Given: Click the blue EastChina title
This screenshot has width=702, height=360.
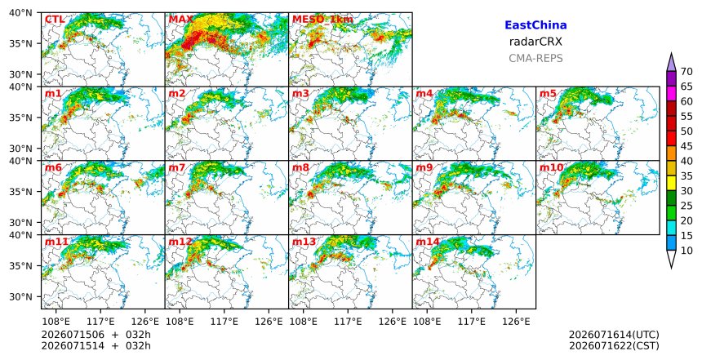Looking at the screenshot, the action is (535, 25).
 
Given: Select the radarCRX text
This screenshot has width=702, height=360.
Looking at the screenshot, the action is (535, 42).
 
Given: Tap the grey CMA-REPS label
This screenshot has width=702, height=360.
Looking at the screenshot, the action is (535, 58).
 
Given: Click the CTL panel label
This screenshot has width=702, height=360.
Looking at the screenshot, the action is (55, 20).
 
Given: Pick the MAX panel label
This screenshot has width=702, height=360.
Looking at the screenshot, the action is (181, 20).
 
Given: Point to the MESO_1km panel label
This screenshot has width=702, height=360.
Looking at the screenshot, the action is (322, 20).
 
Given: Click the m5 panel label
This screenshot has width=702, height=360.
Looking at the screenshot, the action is (548, 94).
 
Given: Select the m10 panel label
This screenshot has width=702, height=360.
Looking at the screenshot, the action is (551, 167).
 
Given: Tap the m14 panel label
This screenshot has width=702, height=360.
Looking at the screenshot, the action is (428, 242).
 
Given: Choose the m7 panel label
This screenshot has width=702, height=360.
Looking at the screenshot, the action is (177, 167).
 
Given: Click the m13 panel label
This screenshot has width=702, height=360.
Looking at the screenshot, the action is (304, 242).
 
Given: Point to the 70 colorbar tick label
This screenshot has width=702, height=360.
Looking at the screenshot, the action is (686, 72).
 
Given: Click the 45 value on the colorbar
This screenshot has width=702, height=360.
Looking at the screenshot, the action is (686, 146).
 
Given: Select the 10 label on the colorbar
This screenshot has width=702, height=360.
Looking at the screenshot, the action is (686, 251).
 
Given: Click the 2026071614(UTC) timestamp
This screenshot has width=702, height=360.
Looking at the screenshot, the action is (614, 335).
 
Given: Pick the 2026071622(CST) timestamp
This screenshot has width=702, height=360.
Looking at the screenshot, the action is (614, 345).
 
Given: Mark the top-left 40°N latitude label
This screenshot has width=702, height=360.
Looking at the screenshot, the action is (21, 12).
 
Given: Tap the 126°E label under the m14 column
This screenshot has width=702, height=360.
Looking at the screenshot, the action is (516, 321).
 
